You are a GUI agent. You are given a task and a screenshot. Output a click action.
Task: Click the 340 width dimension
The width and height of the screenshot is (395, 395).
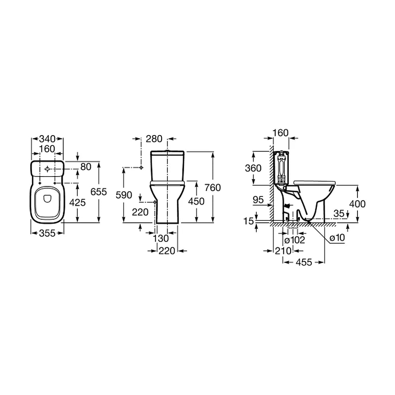click(47, 139)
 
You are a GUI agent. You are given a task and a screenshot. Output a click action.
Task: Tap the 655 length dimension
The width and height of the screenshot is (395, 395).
click(99, 192)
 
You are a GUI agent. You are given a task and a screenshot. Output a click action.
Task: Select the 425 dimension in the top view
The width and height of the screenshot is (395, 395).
click(77, 203)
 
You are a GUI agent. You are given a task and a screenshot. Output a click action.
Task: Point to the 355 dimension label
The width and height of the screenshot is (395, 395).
click(47, 233)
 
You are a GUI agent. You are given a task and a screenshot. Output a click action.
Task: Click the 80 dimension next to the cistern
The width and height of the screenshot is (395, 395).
click(86, 167)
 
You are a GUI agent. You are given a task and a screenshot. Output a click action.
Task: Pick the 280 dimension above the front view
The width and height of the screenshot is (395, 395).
click(154, 139)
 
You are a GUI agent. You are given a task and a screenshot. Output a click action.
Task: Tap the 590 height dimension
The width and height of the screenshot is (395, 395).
click(124, 195)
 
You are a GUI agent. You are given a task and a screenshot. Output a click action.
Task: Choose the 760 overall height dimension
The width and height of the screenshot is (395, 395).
click(213, 188)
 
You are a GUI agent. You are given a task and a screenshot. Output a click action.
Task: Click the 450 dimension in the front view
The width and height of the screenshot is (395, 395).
click(196, 201)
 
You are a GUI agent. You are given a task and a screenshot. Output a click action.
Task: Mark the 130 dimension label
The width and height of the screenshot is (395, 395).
click(161, 238)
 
